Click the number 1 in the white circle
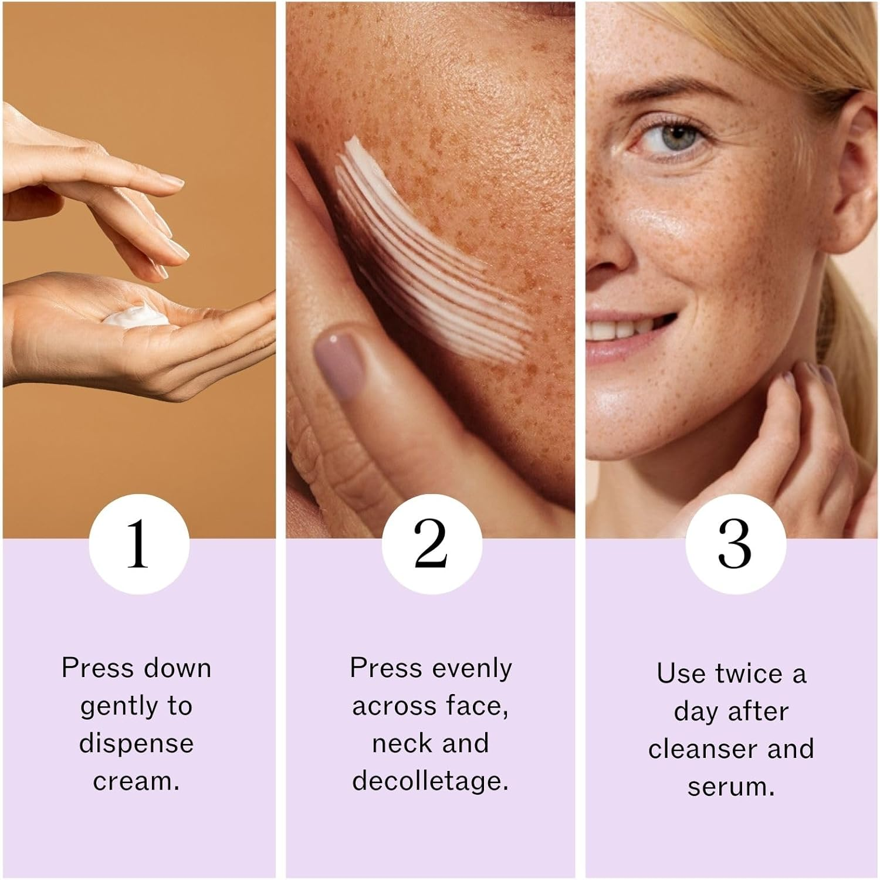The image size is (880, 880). (x=138, y=544)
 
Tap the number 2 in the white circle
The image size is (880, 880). (x=431, y=544)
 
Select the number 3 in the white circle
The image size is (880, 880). (x=735, y=544)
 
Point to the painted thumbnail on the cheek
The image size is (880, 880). (x=339, y=356)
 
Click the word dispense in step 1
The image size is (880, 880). (x=136, y=744)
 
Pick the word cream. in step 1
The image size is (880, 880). (x=136, y=781)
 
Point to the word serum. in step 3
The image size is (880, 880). (x=731, y=787)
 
